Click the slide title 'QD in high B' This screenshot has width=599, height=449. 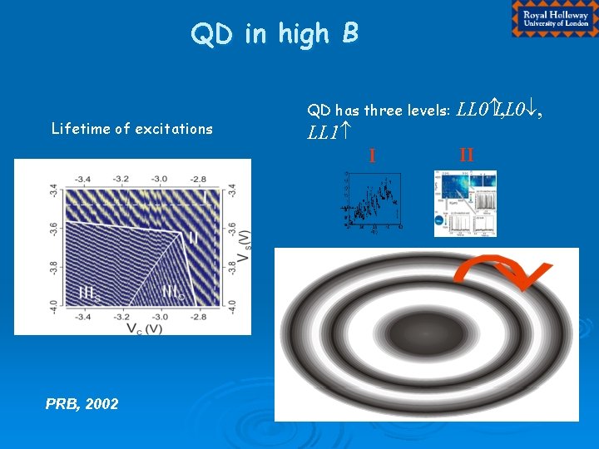(275, 33)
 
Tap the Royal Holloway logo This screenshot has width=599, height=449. (554, 18)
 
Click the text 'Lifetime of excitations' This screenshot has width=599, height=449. (131, 129)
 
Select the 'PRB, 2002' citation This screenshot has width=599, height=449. (82, 404)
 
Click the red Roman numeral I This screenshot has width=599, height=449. (372, 155)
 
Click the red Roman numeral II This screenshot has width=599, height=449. (466, 154)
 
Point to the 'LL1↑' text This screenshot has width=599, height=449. (327, 132)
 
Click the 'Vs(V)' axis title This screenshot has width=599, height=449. (245, 247)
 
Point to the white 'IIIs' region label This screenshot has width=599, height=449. (90, 292)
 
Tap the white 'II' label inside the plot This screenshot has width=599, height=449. (193, 239)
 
